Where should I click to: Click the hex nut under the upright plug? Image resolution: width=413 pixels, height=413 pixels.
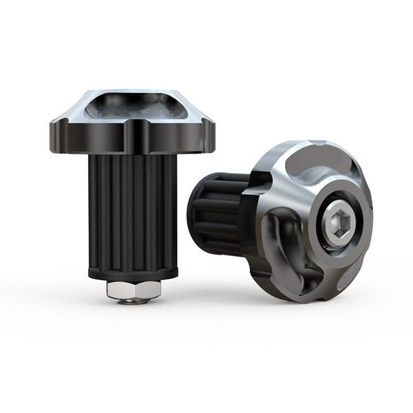pyautogui.click(x=134, y=288)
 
